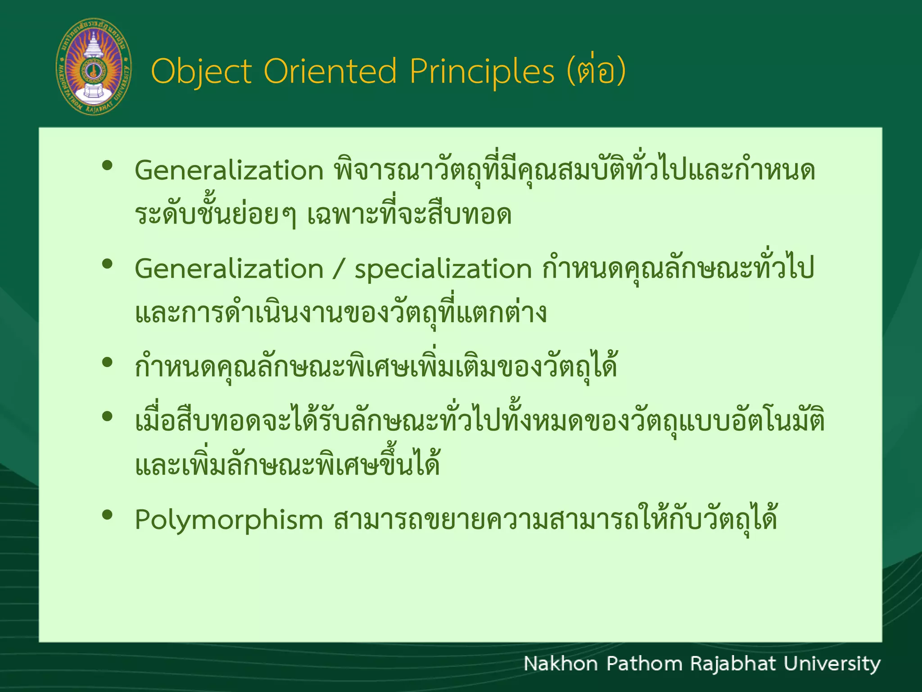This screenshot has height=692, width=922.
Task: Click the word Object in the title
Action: click(x=201, y=72)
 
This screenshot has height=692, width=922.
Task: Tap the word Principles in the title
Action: click(x=482, y=72)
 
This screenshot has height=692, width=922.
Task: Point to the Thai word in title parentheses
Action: click(x=596, y=71)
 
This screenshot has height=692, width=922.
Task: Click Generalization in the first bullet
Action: click(x=229, y=171)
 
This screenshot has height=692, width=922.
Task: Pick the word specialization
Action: click(x=443, y=269)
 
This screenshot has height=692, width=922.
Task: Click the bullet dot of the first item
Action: click(x=107, y=166)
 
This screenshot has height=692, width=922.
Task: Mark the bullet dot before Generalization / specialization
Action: click(x=107, y=264)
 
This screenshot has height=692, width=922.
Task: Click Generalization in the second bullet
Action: click(x=229, y=269)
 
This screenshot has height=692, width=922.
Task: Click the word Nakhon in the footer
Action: click(x=560, y=664)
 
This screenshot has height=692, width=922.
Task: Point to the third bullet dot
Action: click(x=107, y=362)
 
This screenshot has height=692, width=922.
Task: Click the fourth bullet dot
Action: click(x=107, y=416)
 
